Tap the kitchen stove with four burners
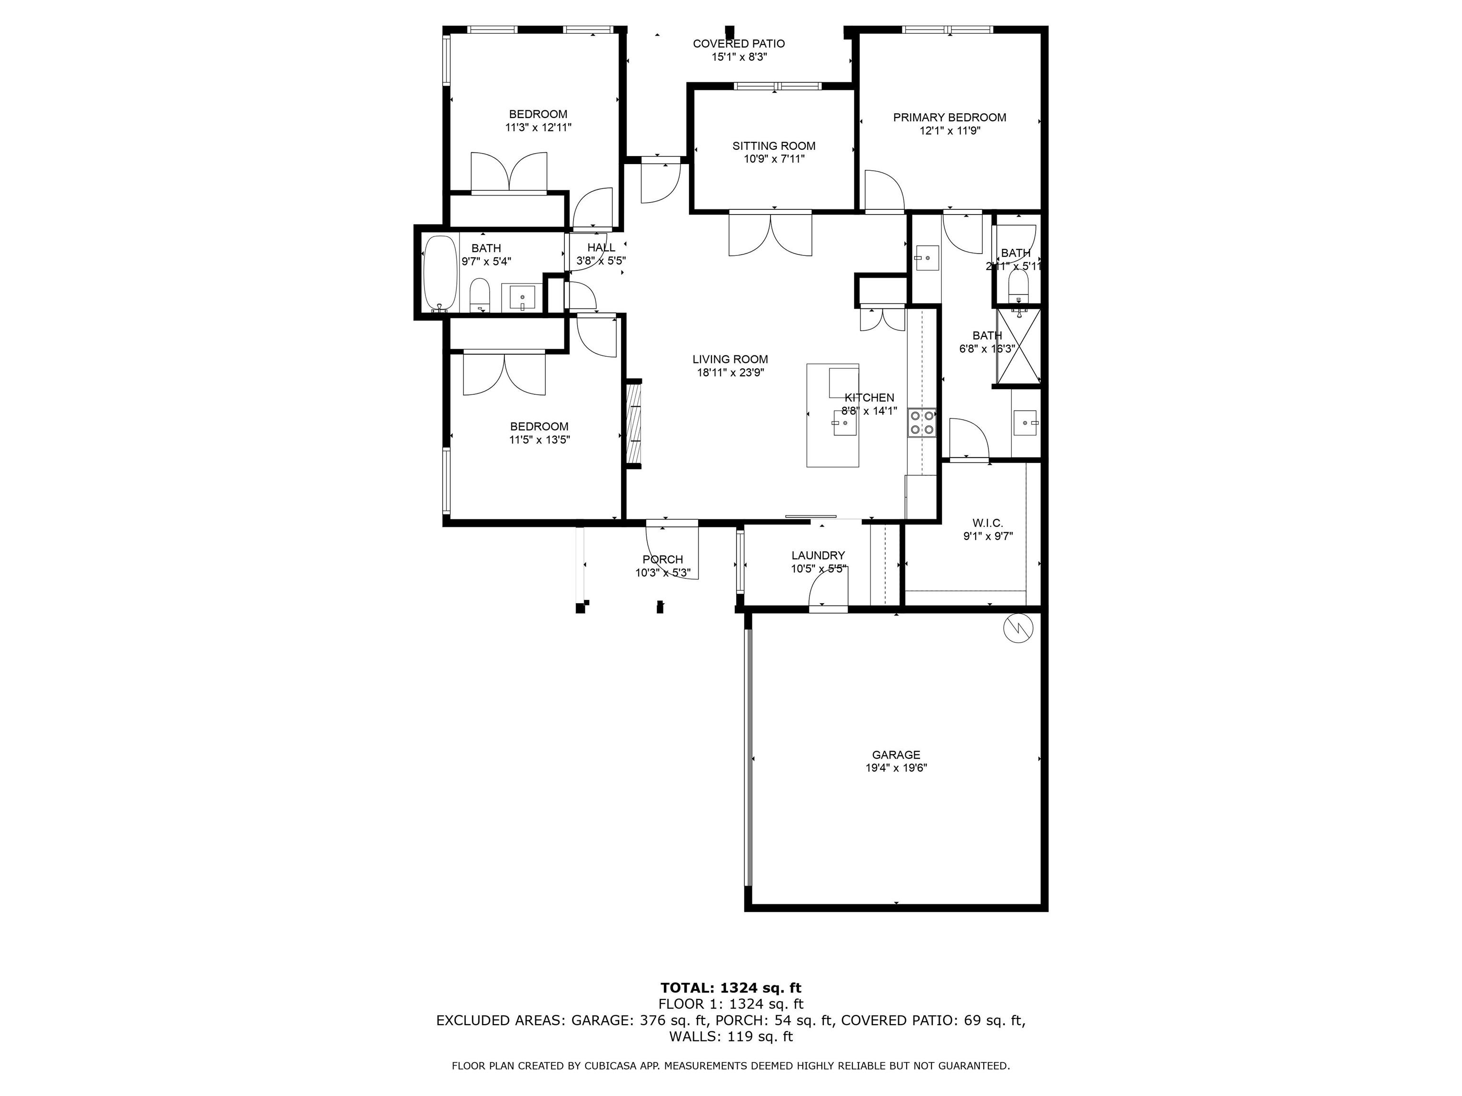921,423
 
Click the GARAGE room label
896,754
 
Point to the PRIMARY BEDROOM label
949,117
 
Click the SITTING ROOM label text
773,146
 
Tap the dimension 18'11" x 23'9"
730,372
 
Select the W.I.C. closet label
988,523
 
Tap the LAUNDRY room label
818,556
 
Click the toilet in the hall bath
479,294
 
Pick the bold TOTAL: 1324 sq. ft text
731,988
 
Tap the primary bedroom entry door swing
883,192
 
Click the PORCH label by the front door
662,559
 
